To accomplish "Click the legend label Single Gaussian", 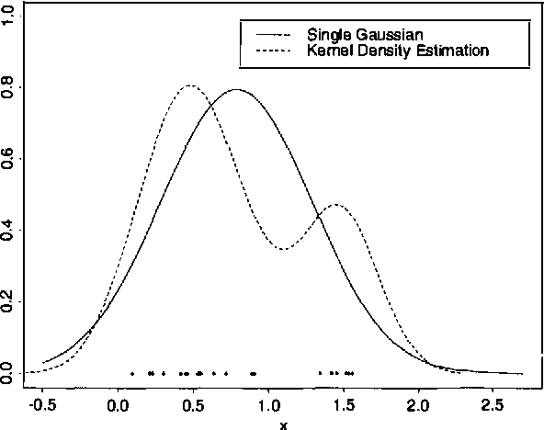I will [358, 34].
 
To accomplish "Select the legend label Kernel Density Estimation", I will [397, 51].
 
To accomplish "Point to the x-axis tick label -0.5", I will [41, 403].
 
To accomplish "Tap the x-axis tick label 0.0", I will [119, 403].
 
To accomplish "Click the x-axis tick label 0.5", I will [193, 403].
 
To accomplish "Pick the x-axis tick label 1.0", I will [268, 403].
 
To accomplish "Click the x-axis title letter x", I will [283, 424].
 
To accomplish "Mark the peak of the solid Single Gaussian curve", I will [237, 90].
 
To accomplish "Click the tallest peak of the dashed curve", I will [189, 85].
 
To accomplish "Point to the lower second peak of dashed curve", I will [336, 204].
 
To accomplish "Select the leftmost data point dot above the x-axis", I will [132, 373].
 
